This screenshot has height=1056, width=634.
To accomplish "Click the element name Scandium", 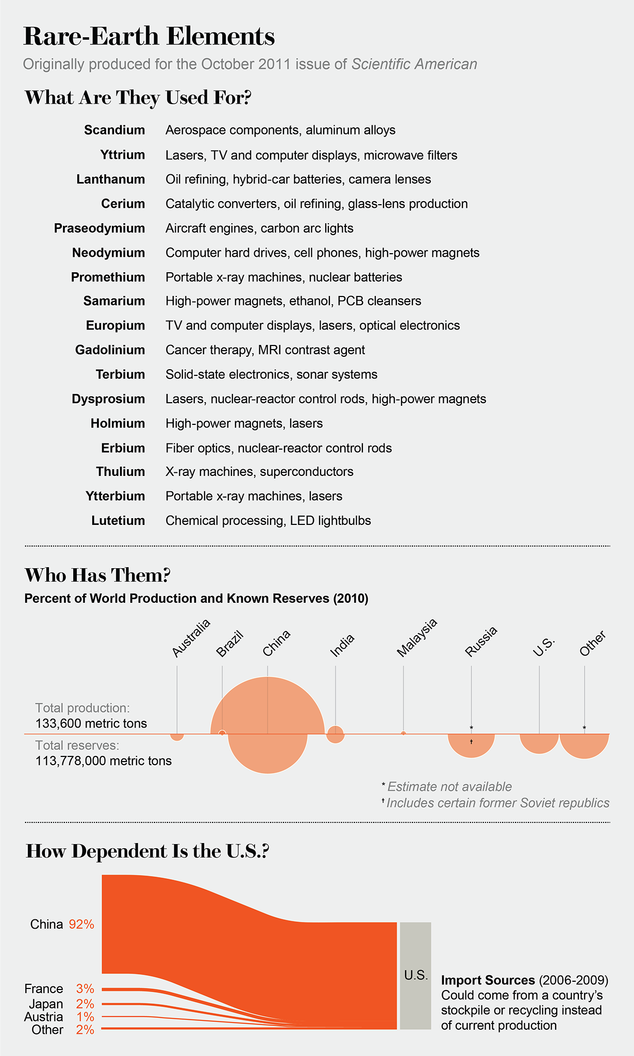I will [114, 130].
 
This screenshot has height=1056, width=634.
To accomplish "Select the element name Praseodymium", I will [99, 228].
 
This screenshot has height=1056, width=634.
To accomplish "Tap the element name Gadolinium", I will [110, 350].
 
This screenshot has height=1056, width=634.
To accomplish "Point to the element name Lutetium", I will [118, 521].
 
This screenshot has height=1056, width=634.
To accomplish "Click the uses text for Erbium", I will [278, 448].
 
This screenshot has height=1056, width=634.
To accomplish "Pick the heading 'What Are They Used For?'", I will [138, 98].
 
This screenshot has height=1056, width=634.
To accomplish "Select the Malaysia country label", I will [416, 637].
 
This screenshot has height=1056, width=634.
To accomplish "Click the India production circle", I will [336, 734].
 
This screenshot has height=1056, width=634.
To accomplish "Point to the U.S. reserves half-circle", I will [539, 742].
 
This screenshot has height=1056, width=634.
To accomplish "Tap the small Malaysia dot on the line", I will [403, 733].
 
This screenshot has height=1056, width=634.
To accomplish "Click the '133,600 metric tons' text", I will [91, 723].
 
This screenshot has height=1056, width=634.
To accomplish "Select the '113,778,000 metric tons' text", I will [104, 761].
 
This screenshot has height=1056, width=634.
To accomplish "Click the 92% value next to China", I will [81, 925].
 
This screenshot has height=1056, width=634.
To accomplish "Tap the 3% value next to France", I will [85, 989].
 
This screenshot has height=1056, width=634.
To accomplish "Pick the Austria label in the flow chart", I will [44, 1017].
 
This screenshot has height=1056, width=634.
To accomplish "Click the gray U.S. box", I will [415, 976].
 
